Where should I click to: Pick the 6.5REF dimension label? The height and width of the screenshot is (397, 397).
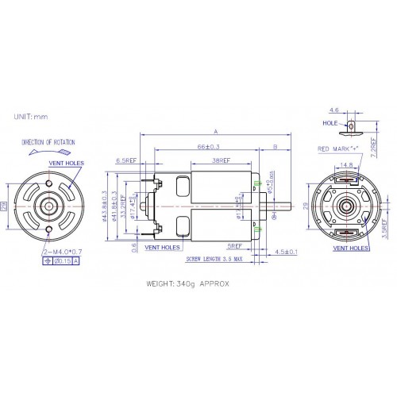click(x=128, y=160)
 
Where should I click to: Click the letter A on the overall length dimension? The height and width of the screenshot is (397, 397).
click(x=215, y=132)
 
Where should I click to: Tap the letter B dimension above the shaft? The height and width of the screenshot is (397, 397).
click(x=275, y=147)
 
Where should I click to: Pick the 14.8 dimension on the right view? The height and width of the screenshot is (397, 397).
click(x=346, y=165)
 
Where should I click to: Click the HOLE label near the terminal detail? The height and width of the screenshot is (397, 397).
click(x=330, y=124)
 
